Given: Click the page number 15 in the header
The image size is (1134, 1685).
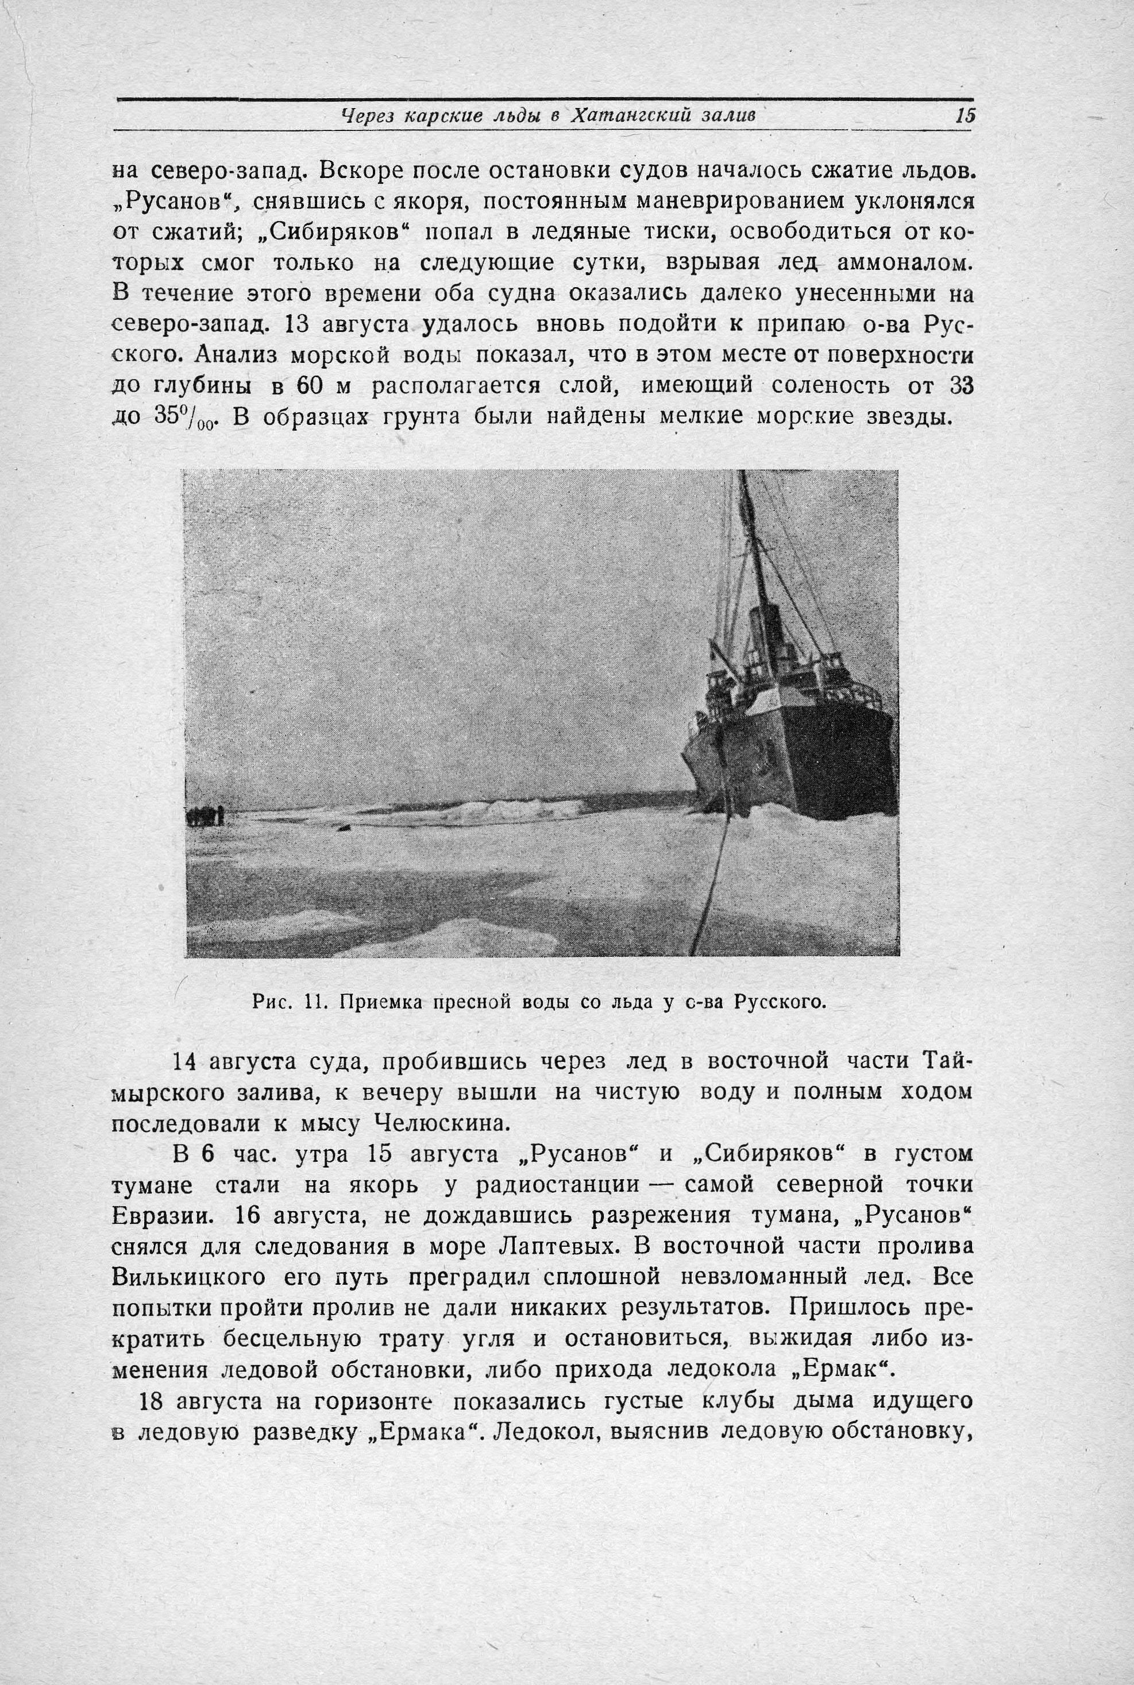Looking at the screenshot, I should coord(965,115).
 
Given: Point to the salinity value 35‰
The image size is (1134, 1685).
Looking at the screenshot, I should coord(162,419).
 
